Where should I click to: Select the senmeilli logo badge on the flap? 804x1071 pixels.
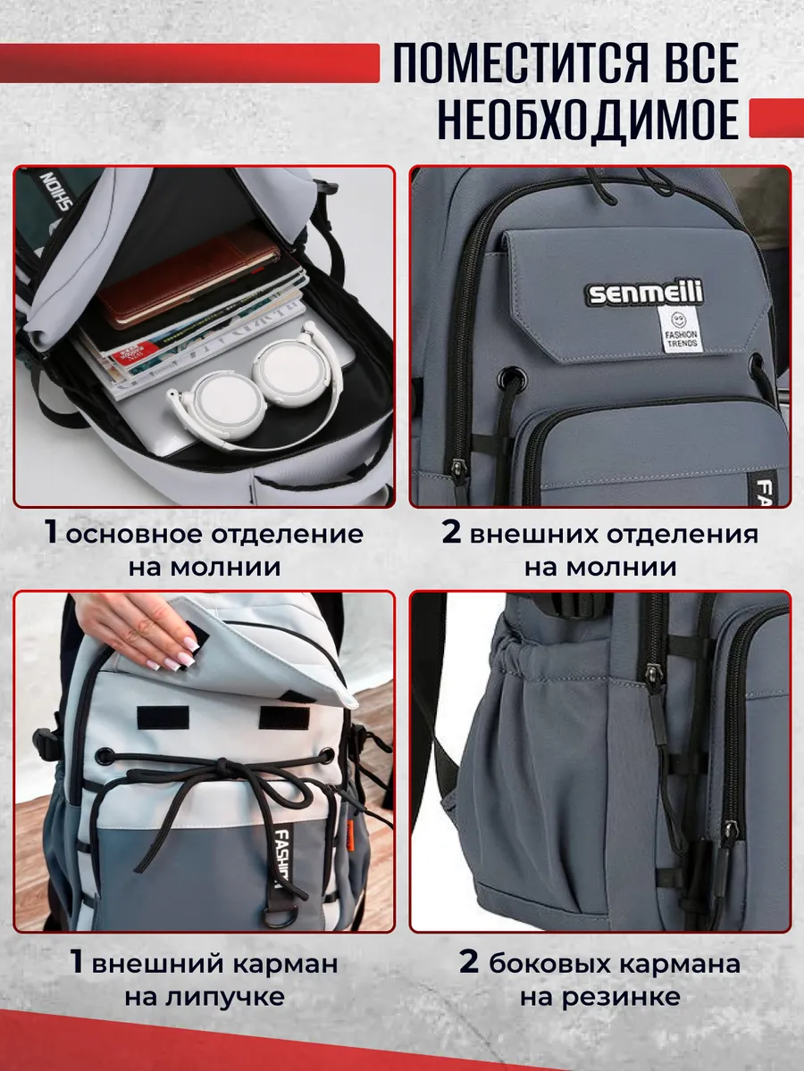(x=645, y=292)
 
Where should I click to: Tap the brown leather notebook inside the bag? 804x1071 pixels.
(x=188, y=276)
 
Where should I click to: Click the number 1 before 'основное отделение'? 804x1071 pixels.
(x=50, y=534)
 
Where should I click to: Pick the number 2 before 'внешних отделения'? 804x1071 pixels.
(x=451, y=534)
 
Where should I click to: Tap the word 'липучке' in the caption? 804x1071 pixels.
(x=225, y=996)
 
